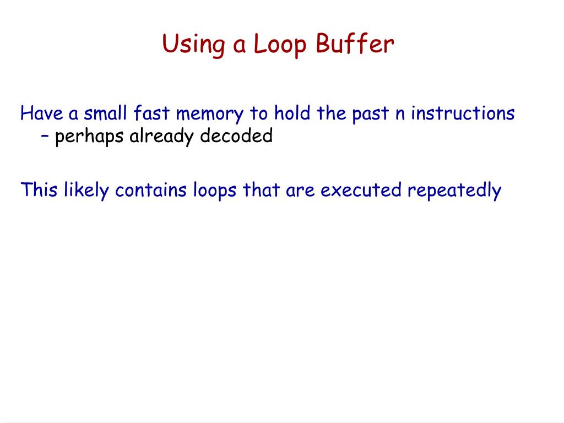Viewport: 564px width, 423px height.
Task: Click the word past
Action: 371,115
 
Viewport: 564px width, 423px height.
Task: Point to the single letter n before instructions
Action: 400,115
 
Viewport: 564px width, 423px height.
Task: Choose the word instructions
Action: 463,113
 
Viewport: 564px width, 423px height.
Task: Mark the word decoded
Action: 236,135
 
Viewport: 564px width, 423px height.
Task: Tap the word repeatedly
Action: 454,191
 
